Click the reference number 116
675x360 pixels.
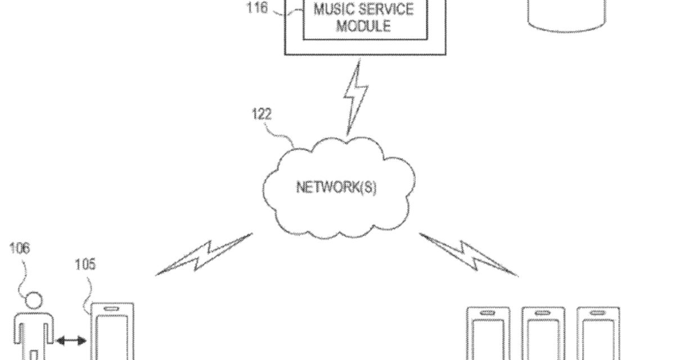(x=257, y=9)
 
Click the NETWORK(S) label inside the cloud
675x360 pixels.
(x=336, y=187)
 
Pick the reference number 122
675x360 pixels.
(x=262, y=115)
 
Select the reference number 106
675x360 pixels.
(x=20, y=248)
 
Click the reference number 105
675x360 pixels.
(x=85, y=264)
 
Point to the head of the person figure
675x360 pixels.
(x=34, y=301)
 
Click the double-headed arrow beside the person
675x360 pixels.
(x=70, y=340)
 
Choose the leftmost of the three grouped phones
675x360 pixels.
(x=488, y=335)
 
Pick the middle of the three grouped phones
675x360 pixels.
(x=543, y=335)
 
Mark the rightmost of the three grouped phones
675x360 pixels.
(x=598, y=335)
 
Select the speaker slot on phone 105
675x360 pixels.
(x=112, y=309)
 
